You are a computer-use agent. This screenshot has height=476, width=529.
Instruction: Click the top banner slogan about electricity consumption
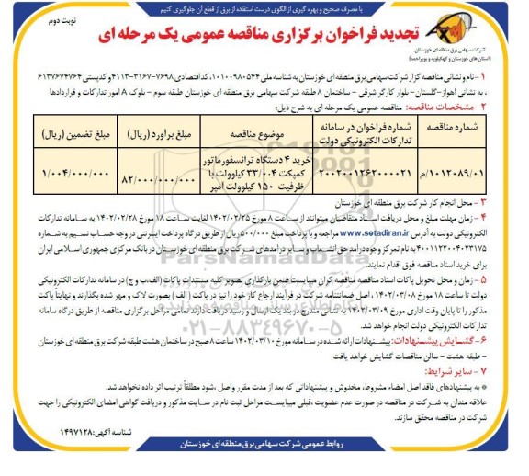[x=264, y=7]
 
